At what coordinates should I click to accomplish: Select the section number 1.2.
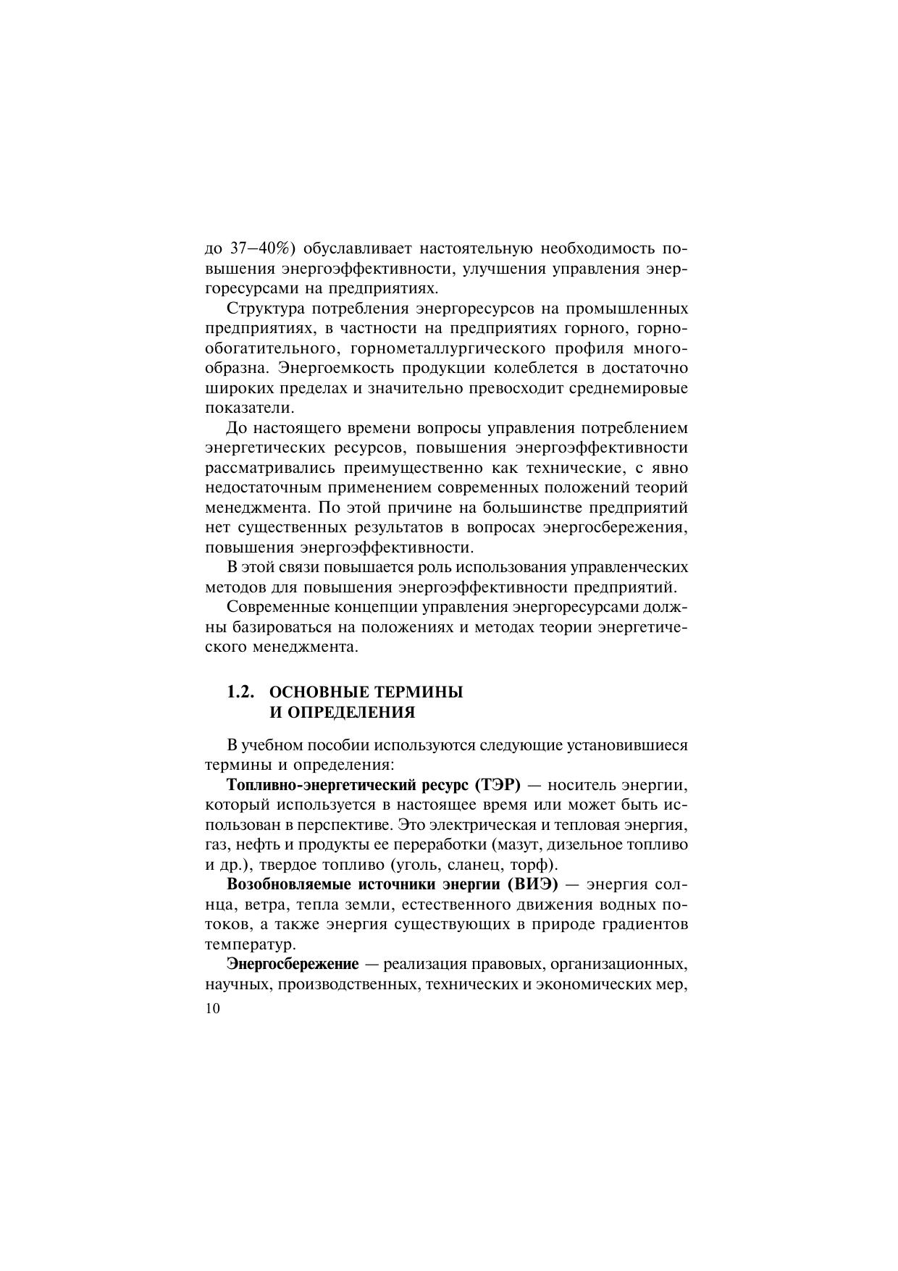[x=240, y=692]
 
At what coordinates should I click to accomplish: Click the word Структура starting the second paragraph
[x=265, y=309]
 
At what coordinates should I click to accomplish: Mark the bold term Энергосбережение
[x=293, y=965]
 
